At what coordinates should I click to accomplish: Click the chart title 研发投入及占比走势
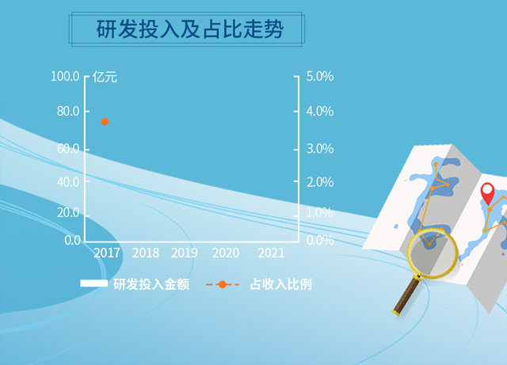coord(190,29)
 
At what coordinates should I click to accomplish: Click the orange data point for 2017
coord(105,122)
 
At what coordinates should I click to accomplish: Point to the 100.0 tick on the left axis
coord(65,77)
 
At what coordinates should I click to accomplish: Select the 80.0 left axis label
coord(68,111)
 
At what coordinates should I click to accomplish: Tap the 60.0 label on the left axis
coord(68,149)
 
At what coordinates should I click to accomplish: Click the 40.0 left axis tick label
coord(68,182)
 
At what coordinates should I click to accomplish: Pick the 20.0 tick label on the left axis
coord(68,213)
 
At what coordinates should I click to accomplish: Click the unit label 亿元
coord(105,78)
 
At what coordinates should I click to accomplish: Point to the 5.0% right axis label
coord(320,77)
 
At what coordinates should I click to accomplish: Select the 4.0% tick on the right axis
coord(320,111)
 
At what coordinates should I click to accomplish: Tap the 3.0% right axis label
coord(320,149)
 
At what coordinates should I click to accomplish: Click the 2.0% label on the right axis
coord(320,182)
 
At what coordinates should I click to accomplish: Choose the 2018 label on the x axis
coord(146,253)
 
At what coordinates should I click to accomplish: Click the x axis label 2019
coord(185,253)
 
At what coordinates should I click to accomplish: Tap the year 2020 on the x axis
coord(226,253)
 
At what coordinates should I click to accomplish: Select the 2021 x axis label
coord(271,253)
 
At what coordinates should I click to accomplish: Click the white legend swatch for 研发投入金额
coord(93,283)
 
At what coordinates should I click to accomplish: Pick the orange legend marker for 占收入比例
coord(223,284)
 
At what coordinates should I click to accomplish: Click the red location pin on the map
coord(488,193)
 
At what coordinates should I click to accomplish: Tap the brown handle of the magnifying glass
coord(406,295)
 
